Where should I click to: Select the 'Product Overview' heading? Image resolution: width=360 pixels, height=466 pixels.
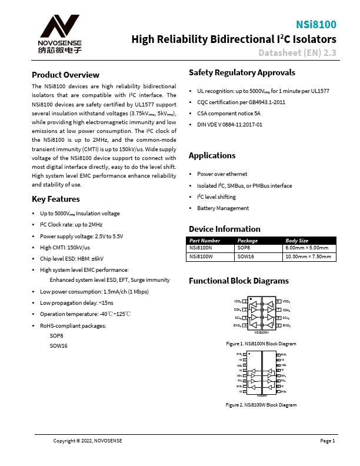click(65, 75)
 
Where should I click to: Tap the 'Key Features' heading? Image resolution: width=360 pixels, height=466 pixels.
click(55, 199)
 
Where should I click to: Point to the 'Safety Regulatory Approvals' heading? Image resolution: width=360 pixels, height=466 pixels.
click(242, 72)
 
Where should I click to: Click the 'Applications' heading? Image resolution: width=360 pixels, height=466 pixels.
click(212, 155)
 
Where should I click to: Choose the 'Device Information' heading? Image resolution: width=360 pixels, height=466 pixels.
click(224, 229)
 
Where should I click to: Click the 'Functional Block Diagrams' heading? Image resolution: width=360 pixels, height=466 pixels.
click(239, 281)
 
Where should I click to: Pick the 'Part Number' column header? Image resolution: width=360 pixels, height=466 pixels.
click(205, 241)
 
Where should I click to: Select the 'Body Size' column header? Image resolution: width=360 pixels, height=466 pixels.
click(296, 241)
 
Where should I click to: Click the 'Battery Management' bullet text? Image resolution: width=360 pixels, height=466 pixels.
click(222, 208)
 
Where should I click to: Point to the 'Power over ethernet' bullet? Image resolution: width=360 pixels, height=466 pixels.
click(222, 174)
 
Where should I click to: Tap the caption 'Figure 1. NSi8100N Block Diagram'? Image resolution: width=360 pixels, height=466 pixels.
click(261, 343)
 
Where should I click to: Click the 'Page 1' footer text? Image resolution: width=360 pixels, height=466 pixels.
click(327, 441)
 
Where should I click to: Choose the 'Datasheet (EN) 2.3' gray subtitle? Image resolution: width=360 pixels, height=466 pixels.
click(297, 53)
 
